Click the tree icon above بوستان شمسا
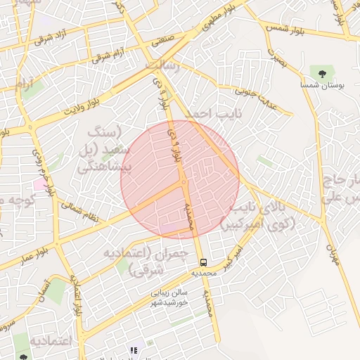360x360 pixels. point(322,72)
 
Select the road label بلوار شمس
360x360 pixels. point(285,28)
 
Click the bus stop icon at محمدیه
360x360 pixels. point(203,263)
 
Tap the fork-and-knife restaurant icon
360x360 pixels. point(132,349)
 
